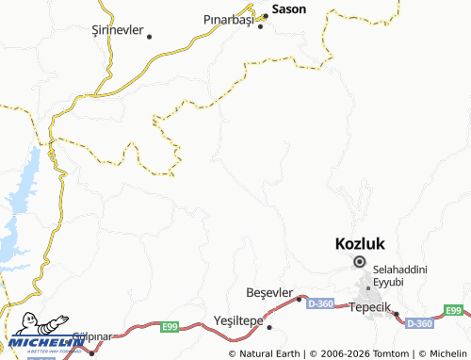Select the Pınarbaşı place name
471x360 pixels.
(230, 19)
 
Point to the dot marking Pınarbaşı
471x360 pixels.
(261, 26)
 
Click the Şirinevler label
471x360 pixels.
(118, 30)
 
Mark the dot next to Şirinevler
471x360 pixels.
(149, 36)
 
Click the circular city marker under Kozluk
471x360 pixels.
(359, 263)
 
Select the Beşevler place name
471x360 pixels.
(269, 292)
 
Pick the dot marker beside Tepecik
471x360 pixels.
(396, 314)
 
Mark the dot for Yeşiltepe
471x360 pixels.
(268, 328)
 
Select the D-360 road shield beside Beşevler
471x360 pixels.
(320, 302)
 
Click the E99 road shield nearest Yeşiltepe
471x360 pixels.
(169, 326)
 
